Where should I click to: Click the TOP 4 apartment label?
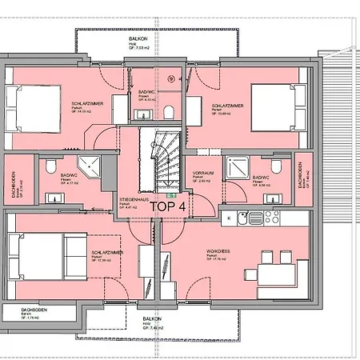pyautogui.click(x=169, y=206)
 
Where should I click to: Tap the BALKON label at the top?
pyautogui.click(x=140, y=39)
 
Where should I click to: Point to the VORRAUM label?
pyautogui.click(x=203, y=174)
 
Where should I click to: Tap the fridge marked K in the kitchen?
pyautogui.click(x=230, y=217)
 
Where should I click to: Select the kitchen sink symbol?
pyautogui.click(x=254, y=217)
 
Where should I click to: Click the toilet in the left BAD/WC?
pyautogui.click(x=50, y=166)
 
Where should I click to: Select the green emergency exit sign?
pyautogui.click(x=170, y=194)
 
